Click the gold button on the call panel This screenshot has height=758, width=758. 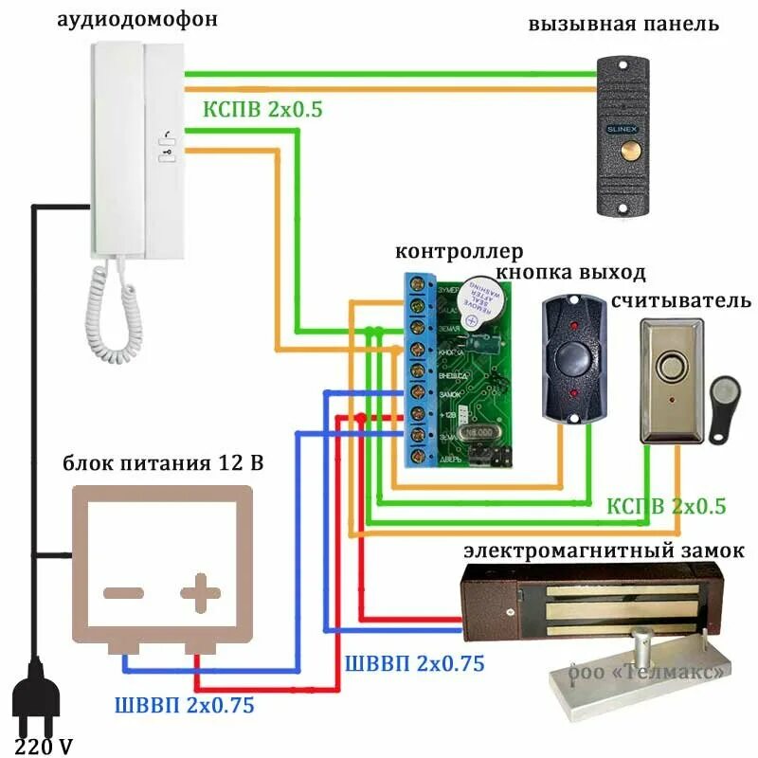click(x=628, y=151)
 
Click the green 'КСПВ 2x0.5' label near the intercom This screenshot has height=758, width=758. click(x=262, y=109)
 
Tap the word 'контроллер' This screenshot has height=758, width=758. click(x=458, y=252)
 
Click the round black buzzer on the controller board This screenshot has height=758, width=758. click(x=484, y=301)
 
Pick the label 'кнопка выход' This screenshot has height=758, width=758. click(x=570, y=274)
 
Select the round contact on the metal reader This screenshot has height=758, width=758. click(x=673, y=368)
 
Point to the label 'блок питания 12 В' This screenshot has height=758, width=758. click(x=163, y=463)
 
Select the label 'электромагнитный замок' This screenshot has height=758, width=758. click(x=604, y=550)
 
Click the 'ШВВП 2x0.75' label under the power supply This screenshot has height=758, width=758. click(x=184, y=705)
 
